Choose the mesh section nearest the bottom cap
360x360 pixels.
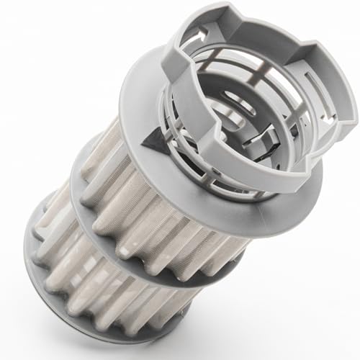(108, 288)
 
